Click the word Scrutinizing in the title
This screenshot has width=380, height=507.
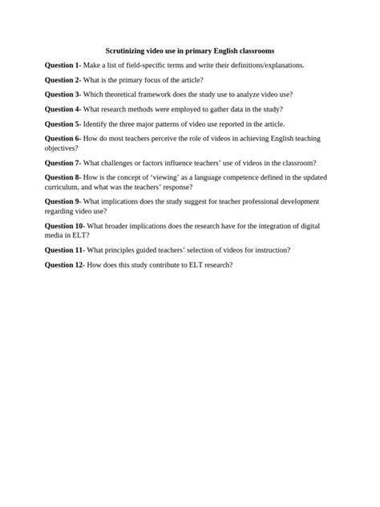[x=127, y=50]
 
